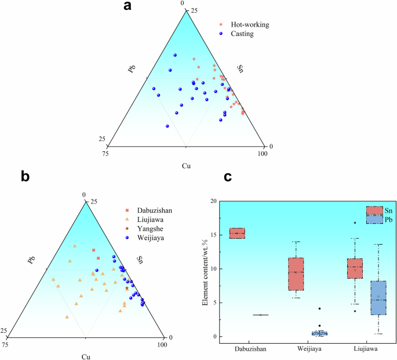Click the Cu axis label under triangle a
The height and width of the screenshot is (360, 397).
(185, 166)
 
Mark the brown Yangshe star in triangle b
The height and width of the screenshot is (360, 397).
(127, 288)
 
